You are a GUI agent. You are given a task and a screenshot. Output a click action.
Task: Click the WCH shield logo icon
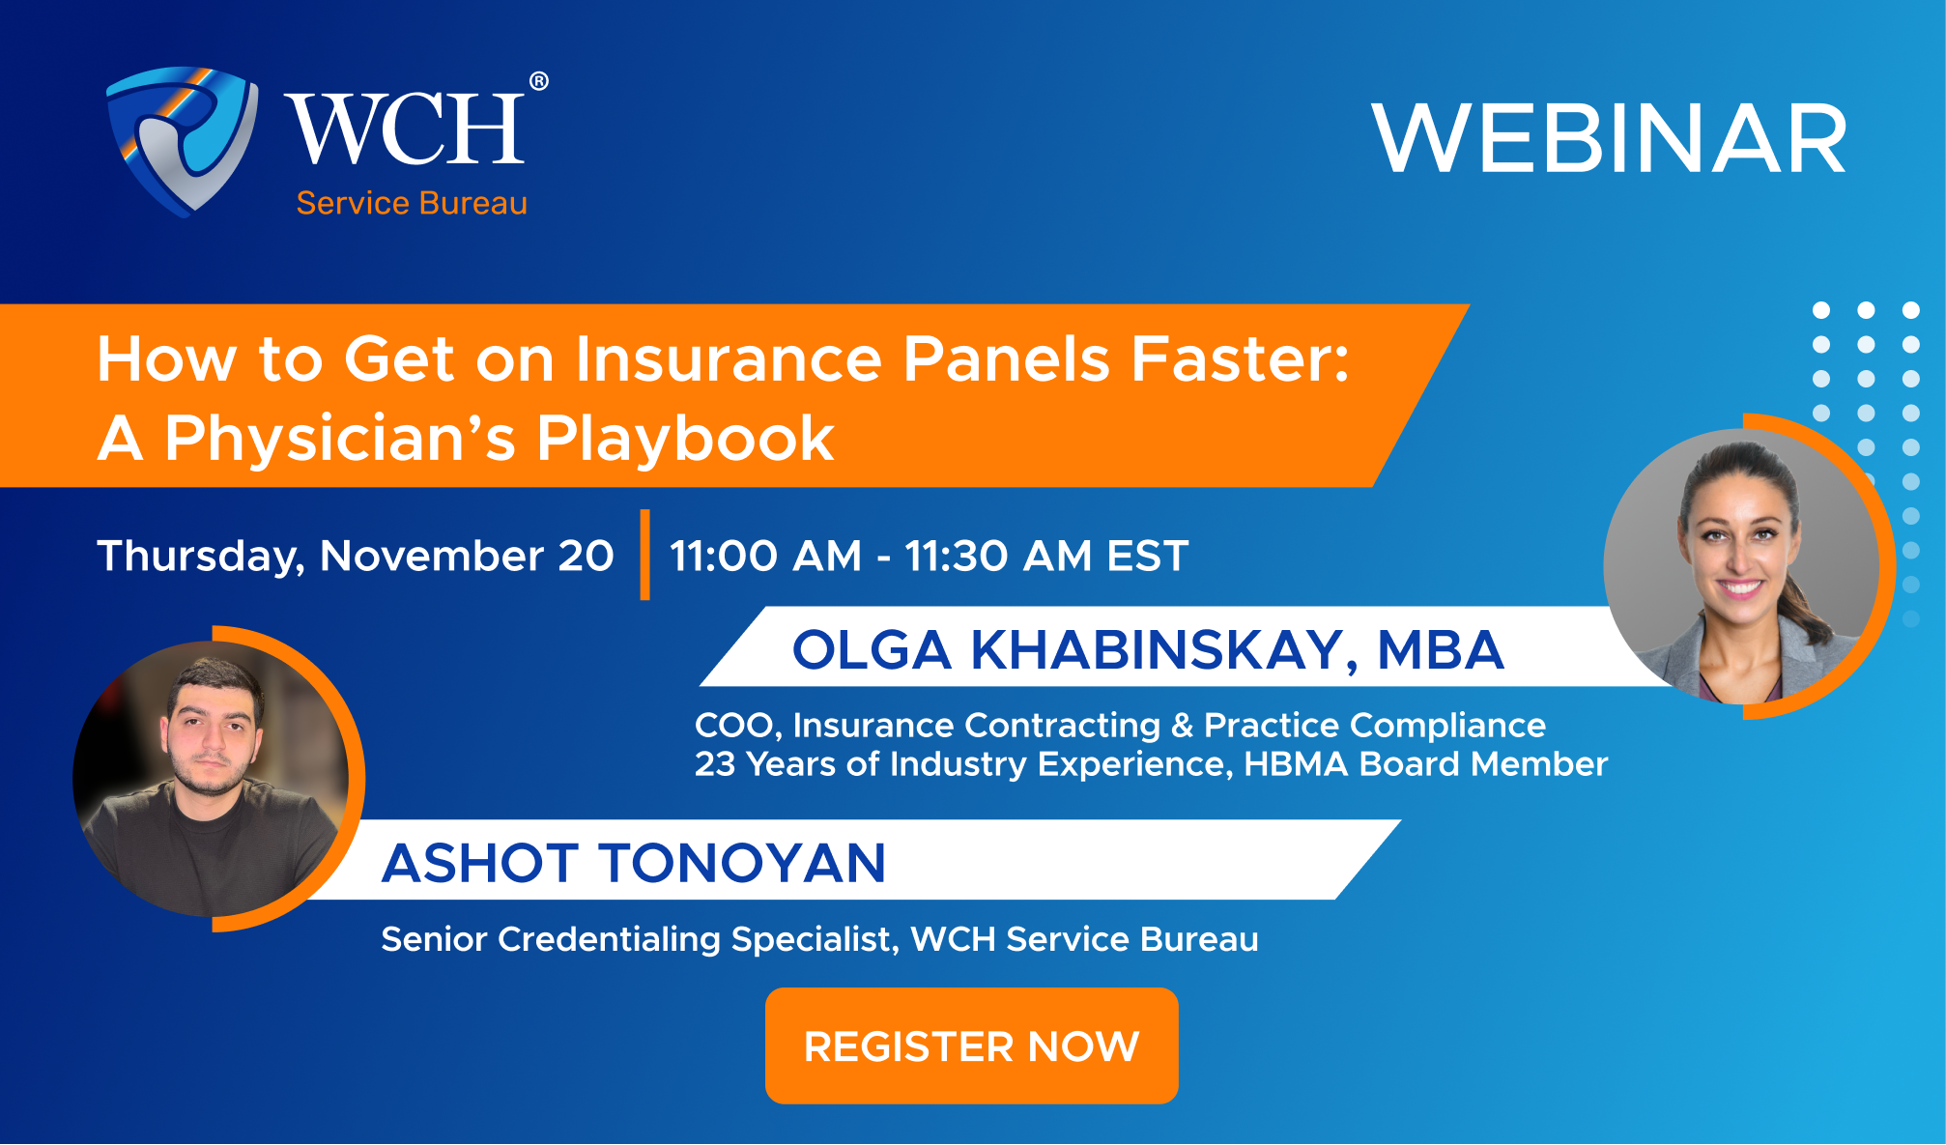[182, 140]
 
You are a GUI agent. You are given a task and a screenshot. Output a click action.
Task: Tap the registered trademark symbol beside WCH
[539, 81]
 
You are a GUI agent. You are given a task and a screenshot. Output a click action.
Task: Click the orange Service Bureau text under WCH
[412, 203]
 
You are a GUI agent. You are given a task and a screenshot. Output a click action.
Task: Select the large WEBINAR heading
[1609, 139]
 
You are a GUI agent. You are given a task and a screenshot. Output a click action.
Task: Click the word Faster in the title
[1240, 359]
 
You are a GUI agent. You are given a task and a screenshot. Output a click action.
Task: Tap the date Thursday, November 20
[356, 556]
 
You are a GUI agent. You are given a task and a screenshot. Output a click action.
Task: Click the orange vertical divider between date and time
[644, 555]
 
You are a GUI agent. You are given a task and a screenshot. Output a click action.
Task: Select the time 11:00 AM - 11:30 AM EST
[930, 556]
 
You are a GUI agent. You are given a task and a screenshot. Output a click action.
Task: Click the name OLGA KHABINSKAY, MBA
[1148, 649]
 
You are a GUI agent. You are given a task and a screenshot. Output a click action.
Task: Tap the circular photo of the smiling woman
[1741, 566]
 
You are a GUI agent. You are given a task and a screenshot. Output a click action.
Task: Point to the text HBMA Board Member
[1425, 764]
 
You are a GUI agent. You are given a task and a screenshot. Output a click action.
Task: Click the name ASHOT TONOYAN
[634, 863]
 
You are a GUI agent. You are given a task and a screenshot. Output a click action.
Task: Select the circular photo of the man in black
[211, 779]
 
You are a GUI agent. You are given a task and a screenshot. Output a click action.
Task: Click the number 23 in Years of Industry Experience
[715, 764]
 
